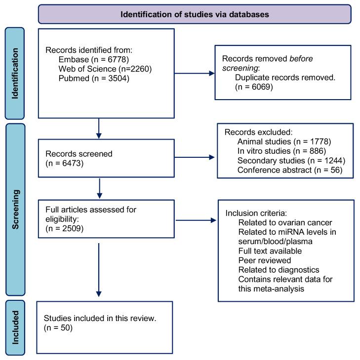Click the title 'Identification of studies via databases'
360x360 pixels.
195,14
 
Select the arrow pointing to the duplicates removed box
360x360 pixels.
195,73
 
